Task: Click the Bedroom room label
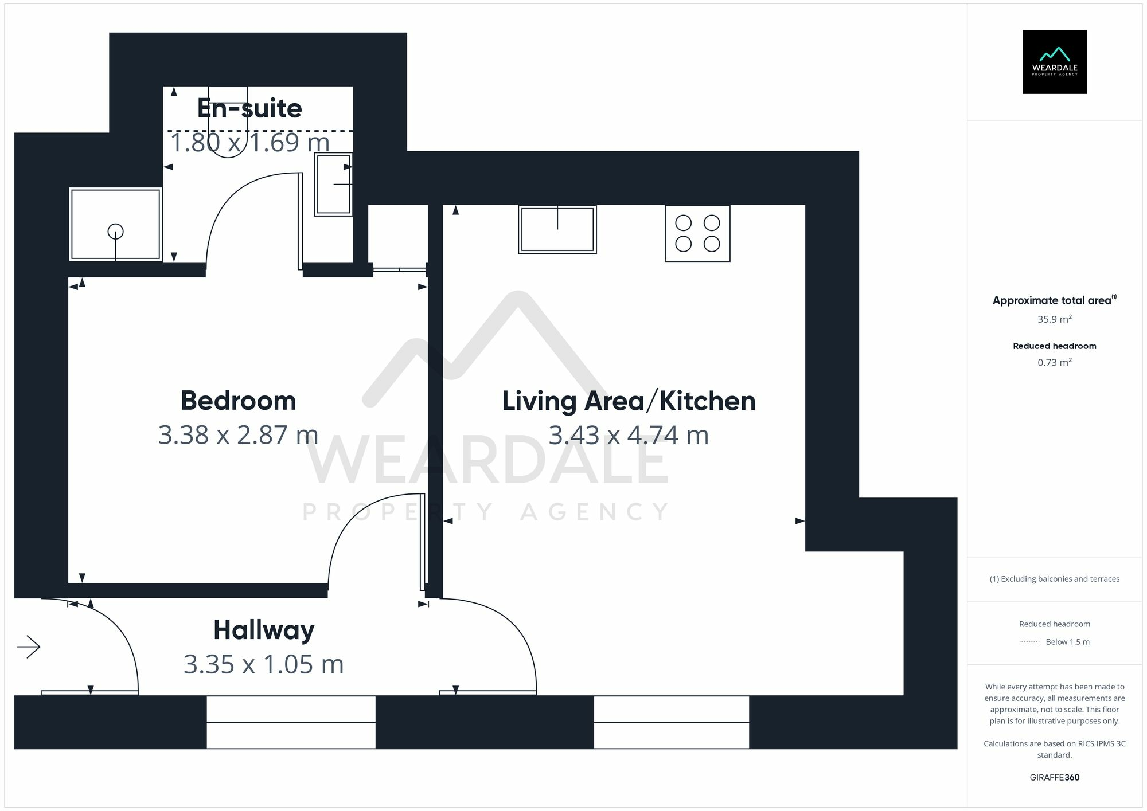click(238, 401)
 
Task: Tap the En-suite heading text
click(249, 108)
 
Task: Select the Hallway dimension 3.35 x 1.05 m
click(263, 664)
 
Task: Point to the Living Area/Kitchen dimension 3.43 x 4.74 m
click(629, 435)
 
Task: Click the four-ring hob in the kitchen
click(697, 233)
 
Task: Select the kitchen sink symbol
click(557, 229)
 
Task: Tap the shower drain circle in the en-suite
click(116, 232)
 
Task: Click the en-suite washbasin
click(333, 184)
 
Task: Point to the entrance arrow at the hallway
click(29, 648)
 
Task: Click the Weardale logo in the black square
click(1054, 62)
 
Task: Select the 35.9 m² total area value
click(1054, 319)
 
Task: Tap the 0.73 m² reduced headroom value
click(1054, 362)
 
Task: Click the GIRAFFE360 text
click(1054, 777)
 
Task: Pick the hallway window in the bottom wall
click(291, 722)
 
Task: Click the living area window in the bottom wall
click(671, 722)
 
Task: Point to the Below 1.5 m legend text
click(1067, 642)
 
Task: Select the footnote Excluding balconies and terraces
click(1054, 579)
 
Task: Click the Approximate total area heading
click(1051, 300)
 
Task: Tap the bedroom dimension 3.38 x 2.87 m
click(238, 435)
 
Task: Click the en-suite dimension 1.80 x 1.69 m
click(249, 143)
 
